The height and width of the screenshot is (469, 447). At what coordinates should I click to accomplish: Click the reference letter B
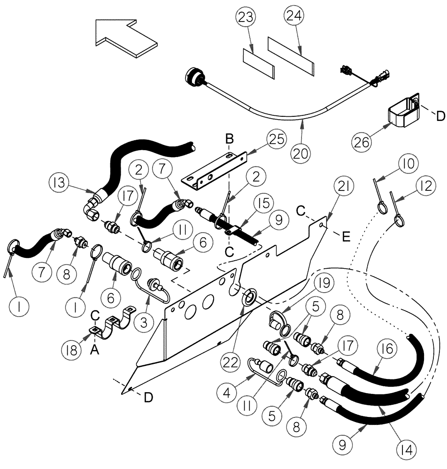[229, 140]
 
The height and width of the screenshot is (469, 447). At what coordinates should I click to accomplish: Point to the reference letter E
[346, 237]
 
